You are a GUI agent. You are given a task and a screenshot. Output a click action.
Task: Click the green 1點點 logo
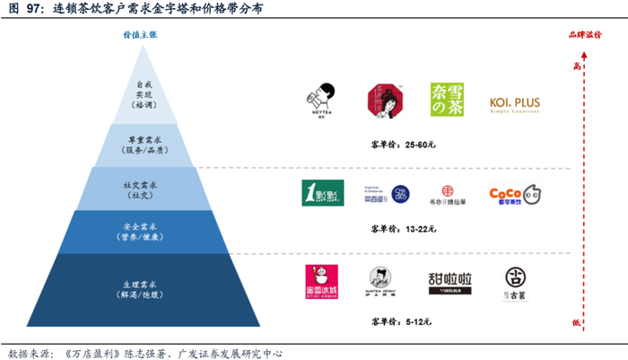click(x=322, y=193)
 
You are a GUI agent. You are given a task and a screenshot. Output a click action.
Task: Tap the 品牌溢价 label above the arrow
click(x=584, y=35)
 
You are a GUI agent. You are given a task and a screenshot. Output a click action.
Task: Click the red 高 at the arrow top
click(x=578, y=66)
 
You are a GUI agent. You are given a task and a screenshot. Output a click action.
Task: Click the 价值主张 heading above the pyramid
click(x=140, y=35)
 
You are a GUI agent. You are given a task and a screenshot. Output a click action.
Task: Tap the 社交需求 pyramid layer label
click(x=139, y=187)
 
